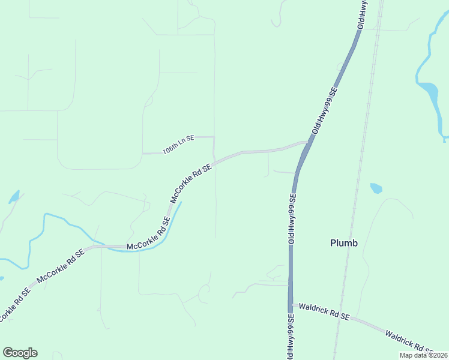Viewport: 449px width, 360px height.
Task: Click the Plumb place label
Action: [x=344, y=243]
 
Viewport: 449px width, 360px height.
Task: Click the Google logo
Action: [x=20, y=353]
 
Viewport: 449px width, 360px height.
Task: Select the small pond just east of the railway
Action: [x=376, y=188]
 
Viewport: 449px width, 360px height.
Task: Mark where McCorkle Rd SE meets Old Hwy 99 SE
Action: [x=308, y=143]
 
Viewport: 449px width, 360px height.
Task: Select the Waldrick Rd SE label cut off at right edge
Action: [x=409, y=341]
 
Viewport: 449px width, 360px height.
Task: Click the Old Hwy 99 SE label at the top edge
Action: [x=363, y=14]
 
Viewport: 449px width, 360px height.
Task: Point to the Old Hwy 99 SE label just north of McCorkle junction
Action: [x=325, y=112]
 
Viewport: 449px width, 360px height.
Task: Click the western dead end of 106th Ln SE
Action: [x=142, y=154]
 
